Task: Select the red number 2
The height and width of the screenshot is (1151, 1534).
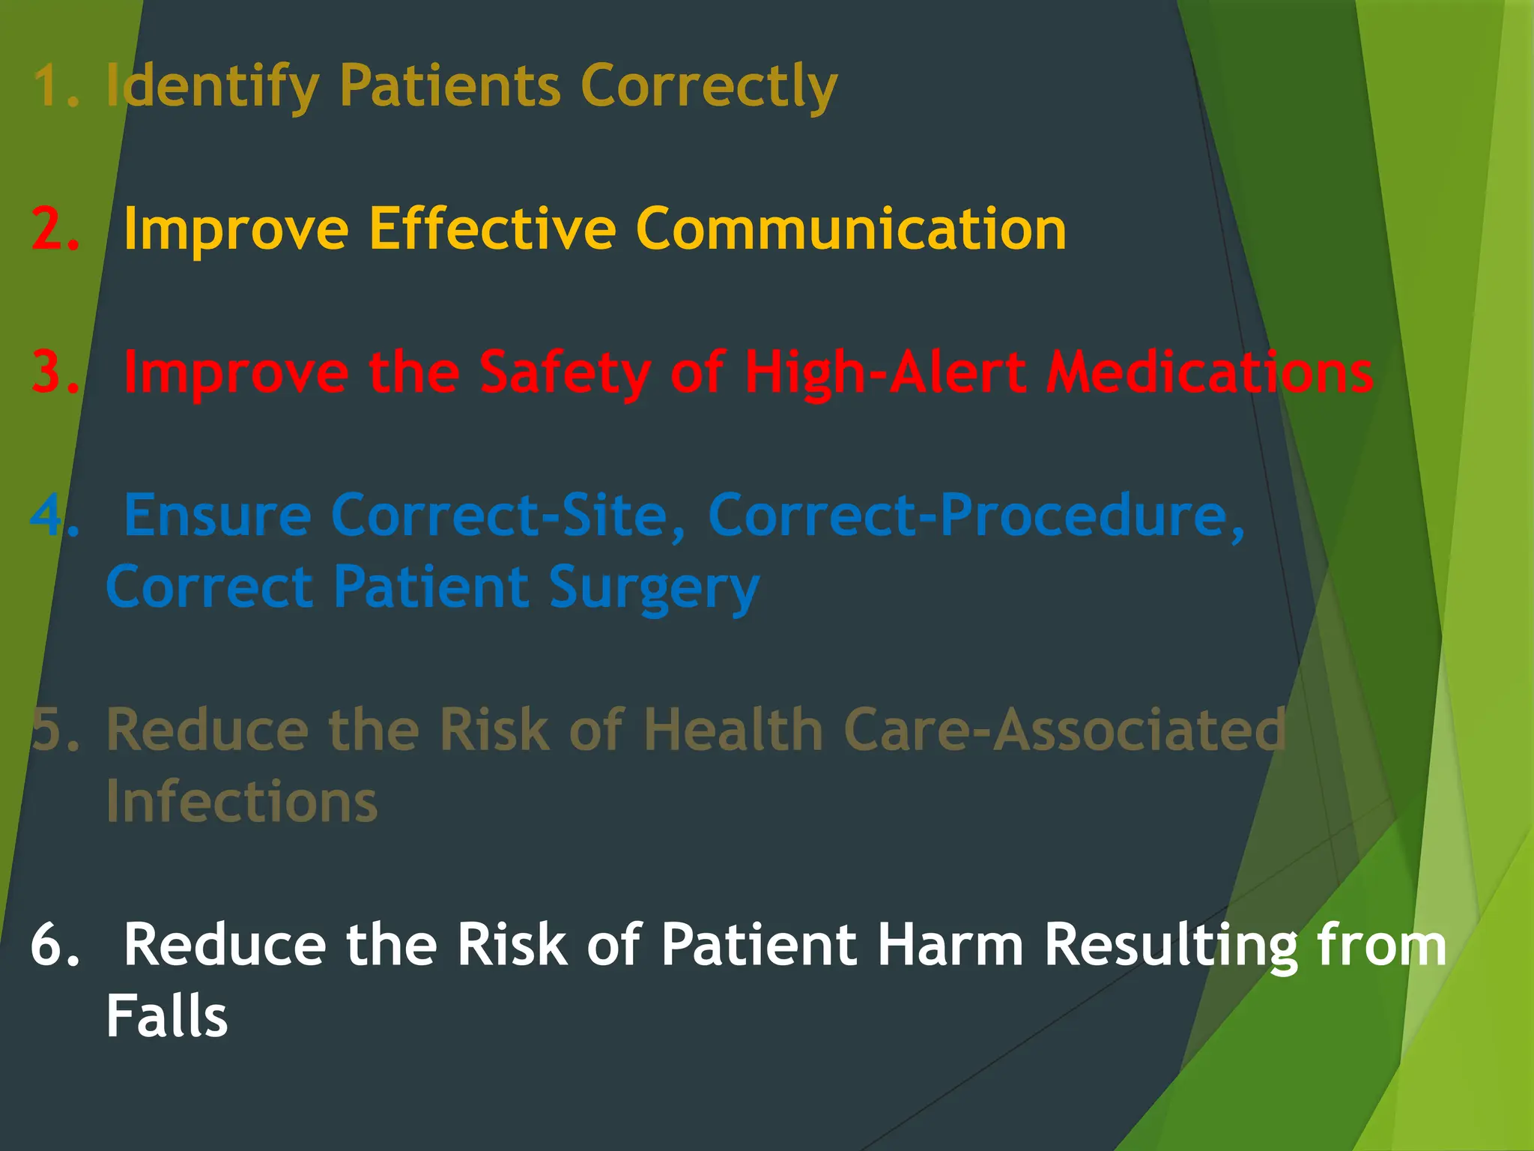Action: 54,229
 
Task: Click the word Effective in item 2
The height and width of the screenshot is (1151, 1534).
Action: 491,229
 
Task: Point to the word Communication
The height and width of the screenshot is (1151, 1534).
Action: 851,229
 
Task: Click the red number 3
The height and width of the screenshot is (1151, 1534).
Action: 54,372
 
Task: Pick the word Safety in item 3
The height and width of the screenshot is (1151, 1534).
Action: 565,372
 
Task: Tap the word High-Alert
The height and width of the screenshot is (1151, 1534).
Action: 885,372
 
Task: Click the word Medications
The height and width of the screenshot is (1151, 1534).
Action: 1209,372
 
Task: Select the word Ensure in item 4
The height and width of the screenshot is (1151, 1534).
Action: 217,516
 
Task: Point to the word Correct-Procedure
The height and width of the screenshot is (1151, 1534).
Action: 977,516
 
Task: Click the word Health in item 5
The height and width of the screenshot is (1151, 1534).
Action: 733,730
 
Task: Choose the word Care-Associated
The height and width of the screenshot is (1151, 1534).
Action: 1064,730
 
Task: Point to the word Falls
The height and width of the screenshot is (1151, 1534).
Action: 166,1017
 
